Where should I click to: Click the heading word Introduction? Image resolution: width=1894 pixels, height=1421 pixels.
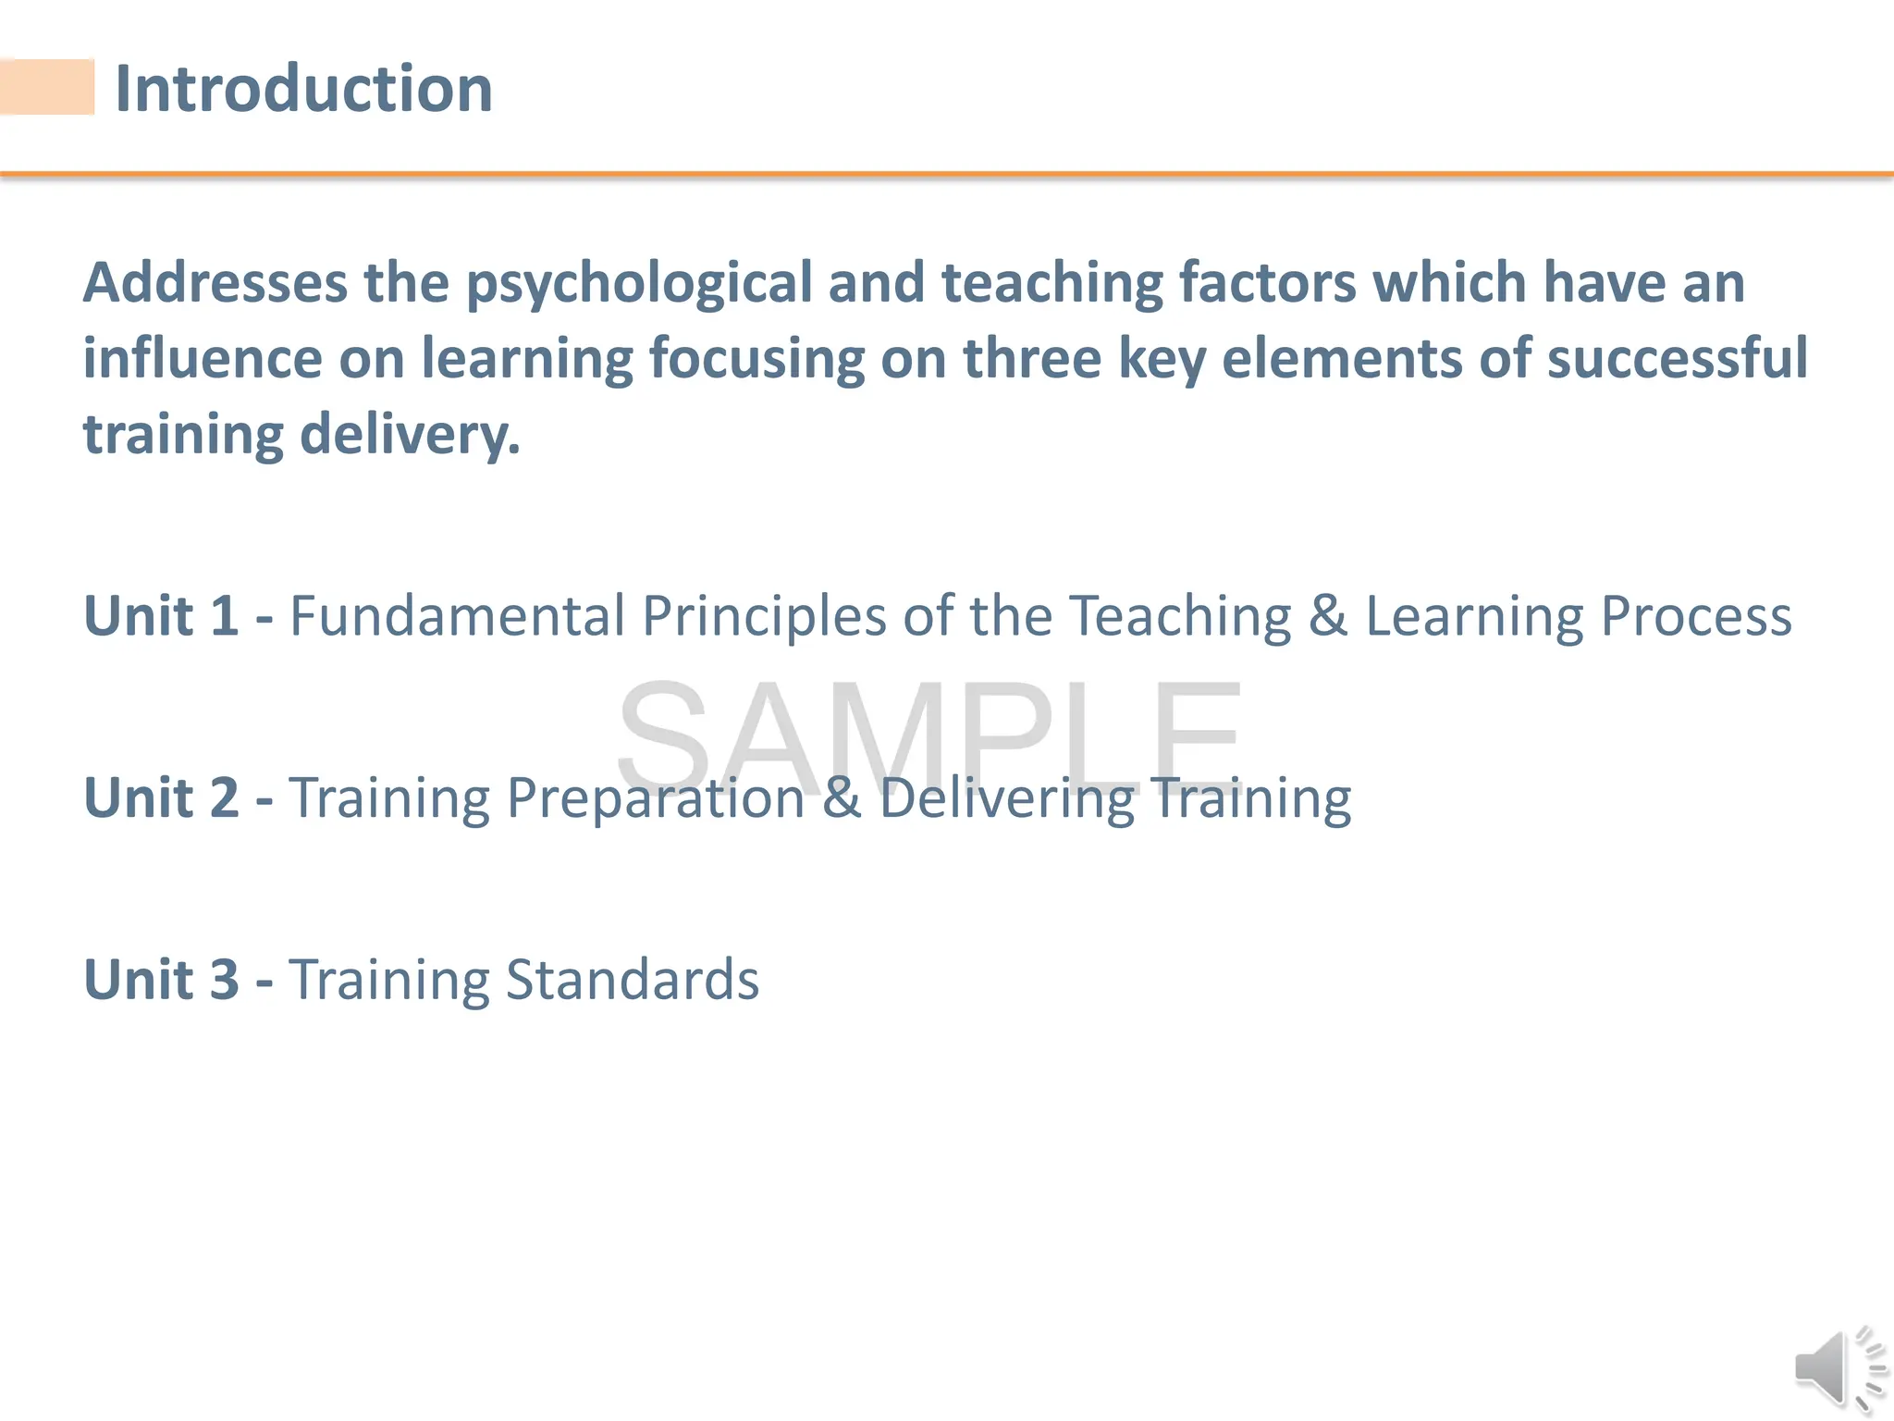point(303,89)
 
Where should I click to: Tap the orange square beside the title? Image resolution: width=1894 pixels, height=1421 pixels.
point(47,87)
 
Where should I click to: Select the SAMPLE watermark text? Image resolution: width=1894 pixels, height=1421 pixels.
point(929,735)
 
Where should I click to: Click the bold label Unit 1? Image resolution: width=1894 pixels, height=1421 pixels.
point(161,615)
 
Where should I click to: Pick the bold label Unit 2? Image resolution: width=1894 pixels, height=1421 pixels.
point(161,797)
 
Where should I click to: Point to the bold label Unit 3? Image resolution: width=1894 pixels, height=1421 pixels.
point(161,979)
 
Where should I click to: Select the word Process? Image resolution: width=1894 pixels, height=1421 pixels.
point(1695,615)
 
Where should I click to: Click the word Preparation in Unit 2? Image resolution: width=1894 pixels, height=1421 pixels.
point(656,798)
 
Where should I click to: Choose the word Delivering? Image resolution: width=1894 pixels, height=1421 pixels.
point(1006,798)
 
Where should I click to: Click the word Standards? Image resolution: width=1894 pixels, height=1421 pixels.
point(633,979)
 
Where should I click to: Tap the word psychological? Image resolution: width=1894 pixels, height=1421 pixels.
point(639,284)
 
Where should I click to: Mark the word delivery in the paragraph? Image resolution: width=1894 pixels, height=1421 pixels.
point(410,435)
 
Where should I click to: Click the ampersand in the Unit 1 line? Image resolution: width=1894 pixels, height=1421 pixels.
point(1327,615)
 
